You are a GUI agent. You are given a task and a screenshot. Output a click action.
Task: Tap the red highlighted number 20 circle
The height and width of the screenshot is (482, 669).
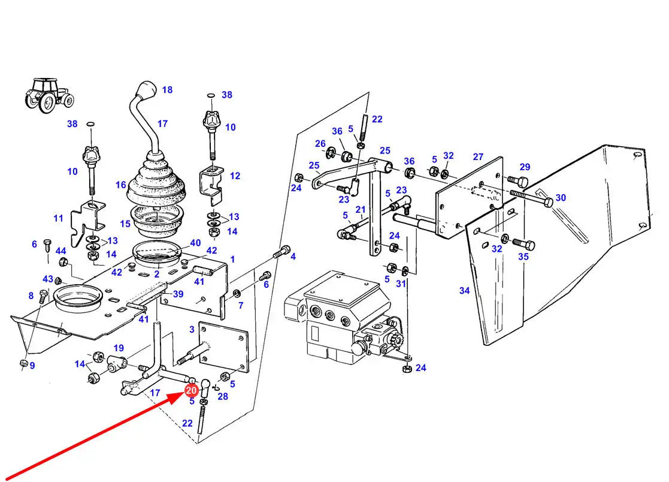pos(191,390)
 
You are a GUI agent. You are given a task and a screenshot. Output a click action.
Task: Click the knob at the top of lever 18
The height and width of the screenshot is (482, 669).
pos(146,91)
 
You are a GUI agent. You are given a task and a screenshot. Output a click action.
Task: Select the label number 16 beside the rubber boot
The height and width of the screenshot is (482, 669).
pos(121,185)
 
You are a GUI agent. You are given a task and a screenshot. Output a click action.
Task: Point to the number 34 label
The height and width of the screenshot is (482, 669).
pos(464,291)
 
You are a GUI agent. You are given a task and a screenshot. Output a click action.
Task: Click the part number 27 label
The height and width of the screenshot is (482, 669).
pos(477,157)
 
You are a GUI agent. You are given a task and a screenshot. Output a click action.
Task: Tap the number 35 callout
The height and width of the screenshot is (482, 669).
pos(523,257)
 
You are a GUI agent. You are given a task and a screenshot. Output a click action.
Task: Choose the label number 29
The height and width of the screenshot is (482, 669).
pos(525,167)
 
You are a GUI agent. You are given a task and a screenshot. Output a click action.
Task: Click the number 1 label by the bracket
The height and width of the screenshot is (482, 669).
pos(232,260)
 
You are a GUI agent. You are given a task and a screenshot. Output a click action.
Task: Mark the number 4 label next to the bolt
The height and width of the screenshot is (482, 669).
pos(293,257)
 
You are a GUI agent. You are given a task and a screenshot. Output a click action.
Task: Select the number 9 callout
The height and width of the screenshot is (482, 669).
pos(32,365)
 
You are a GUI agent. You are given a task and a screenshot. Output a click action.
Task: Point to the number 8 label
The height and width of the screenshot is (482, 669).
pos(31,295)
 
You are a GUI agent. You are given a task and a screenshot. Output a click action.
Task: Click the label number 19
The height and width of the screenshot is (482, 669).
pos(119,348)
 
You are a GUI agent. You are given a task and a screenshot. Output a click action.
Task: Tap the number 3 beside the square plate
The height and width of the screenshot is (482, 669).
pos(192,329)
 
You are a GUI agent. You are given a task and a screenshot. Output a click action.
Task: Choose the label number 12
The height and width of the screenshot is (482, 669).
pos(235,176)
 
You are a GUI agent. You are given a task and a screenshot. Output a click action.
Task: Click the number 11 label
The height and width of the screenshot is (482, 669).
pos(58,218)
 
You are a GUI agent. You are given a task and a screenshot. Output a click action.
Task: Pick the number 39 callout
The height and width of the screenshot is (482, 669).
pos(178,294)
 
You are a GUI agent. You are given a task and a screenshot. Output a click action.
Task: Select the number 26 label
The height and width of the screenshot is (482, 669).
pos(320,144)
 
